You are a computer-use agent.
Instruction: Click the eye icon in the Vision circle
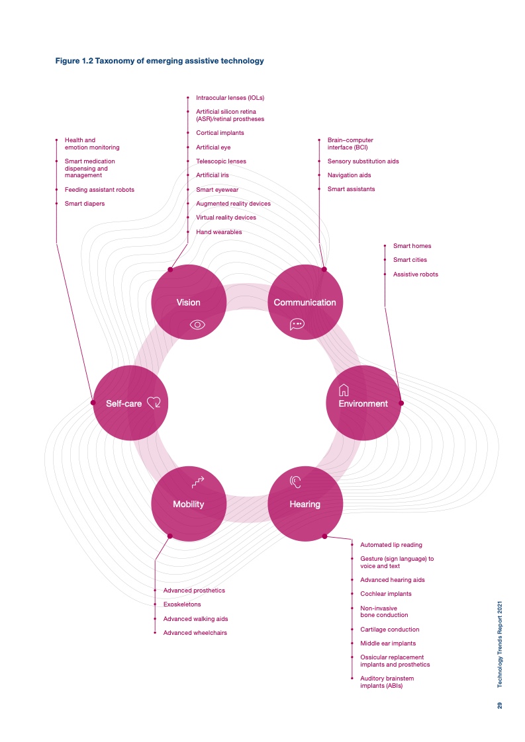[x=197, y=325]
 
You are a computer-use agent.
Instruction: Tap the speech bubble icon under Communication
[x=297, y=324]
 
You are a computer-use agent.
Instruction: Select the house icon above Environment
[x=344, y=390]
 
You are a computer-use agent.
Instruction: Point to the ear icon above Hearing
[x=295, y=481]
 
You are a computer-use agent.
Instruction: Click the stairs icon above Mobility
[x=197, y=481]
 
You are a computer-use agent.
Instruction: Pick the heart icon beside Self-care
[x=154, y=403]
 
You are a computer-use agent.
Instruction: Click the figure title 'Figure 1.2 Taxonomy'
[x=160, y=61]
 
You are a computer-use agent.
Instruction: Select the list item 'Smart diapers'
[x=85, y=204]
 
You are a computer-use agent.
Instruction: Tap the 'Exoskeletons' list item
[x=182, y=604]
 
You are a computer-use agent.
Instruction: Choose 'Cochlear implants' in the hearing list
[x=386, y=594]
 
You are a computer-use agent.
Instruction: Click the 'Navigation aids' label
[x=349, y=175]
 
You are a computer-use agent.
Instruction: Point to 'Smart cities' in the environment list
[x=410, y=260]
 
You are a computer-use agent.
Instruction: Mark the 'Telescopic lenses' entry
[x=221, y=161]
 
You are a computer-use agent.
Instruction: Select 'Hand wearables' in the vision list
[x=219, y=232]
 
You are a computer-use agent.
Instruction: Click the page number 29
[x=499, y=705]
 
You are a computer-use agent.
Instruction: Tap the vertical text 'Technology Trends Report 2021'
[x=499, y=645]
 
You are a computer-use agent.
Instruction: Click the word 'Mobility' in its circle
[x=188, y=505]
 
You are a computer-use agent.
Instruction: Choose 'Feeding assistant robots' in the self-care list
[x=99, y=190]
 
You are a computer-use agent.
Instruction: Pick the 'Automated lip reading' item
[x=391, y=545]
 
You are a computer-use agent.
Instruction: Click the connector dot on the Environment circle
[x=401, y=403]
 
